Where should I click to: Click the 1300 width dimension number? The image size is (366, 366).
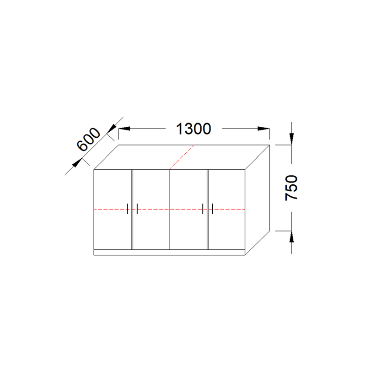(x=194, y=129)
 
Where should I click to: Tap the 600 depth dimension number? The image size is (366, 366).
(x=89, y=140)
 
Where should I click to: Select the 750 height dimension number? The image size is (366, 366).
(x=291, y=188)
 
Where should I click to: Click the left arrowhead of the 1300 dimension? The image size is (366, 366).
(x=124, y=129)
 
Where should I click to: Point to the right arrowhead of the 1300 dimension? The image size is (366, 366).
(x=264, y=129)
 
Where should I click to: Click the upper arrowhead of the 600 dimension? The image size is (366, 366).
(x=112, y=128)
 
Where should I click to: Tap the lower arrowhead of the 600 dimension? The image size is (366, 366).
(x=76, y=163)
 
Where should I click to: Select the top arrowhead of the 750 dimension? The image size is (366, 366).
(x=291, y=139)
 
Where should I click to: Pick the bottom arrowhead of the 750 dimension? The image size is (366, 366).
(x=291, y=237)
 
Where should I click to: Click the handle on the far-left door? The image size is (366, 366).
(x=127, y=209)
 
